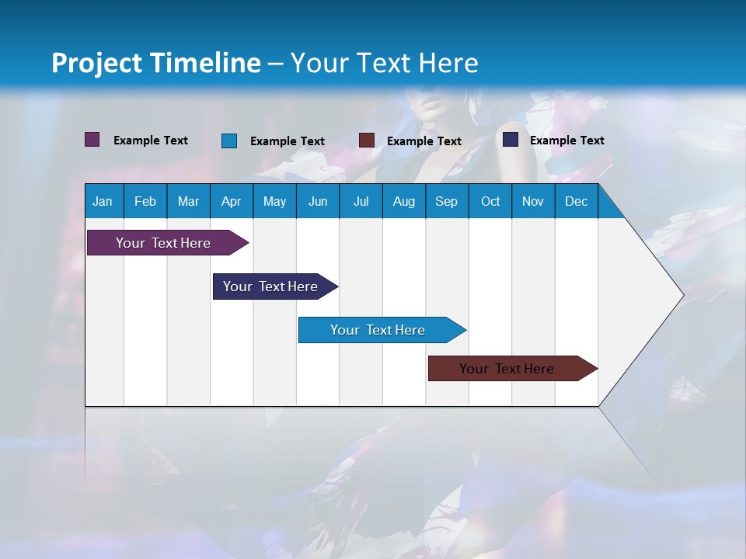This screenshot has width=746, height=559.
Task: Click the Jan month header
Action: tap(103, 202)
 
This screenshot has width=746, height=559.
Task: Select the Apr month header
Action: tap(231, 202)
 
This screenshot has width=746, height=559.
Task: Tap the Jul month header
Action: tap(361, 202)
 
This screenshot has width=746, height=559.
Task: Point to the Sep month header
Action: tap(446, 202)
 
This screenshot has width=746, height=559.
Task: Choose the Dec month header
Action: tap(576, 202)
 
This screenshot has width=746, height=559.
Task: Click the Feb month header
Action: tap(145, 202)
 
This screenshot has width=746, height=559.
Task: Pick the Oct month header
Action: tap(490, 202)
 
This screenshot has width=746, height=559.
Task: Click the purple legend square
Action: tap(92, 140)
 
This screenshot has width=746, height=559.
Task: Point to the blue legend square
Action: tap(228, 141)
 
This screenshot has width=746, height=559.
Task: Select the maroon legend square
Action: tap(366, 141)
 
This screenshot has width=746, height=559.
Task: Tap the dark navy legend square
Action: tap(510, 140)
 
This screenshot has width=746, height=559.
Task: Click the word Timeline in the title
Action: tap(205, 63)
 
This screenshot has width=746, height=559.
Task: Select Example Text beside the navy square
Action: tap(566, 140)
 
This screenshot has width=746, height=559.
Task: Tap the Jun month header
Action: tap(318, 202)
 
